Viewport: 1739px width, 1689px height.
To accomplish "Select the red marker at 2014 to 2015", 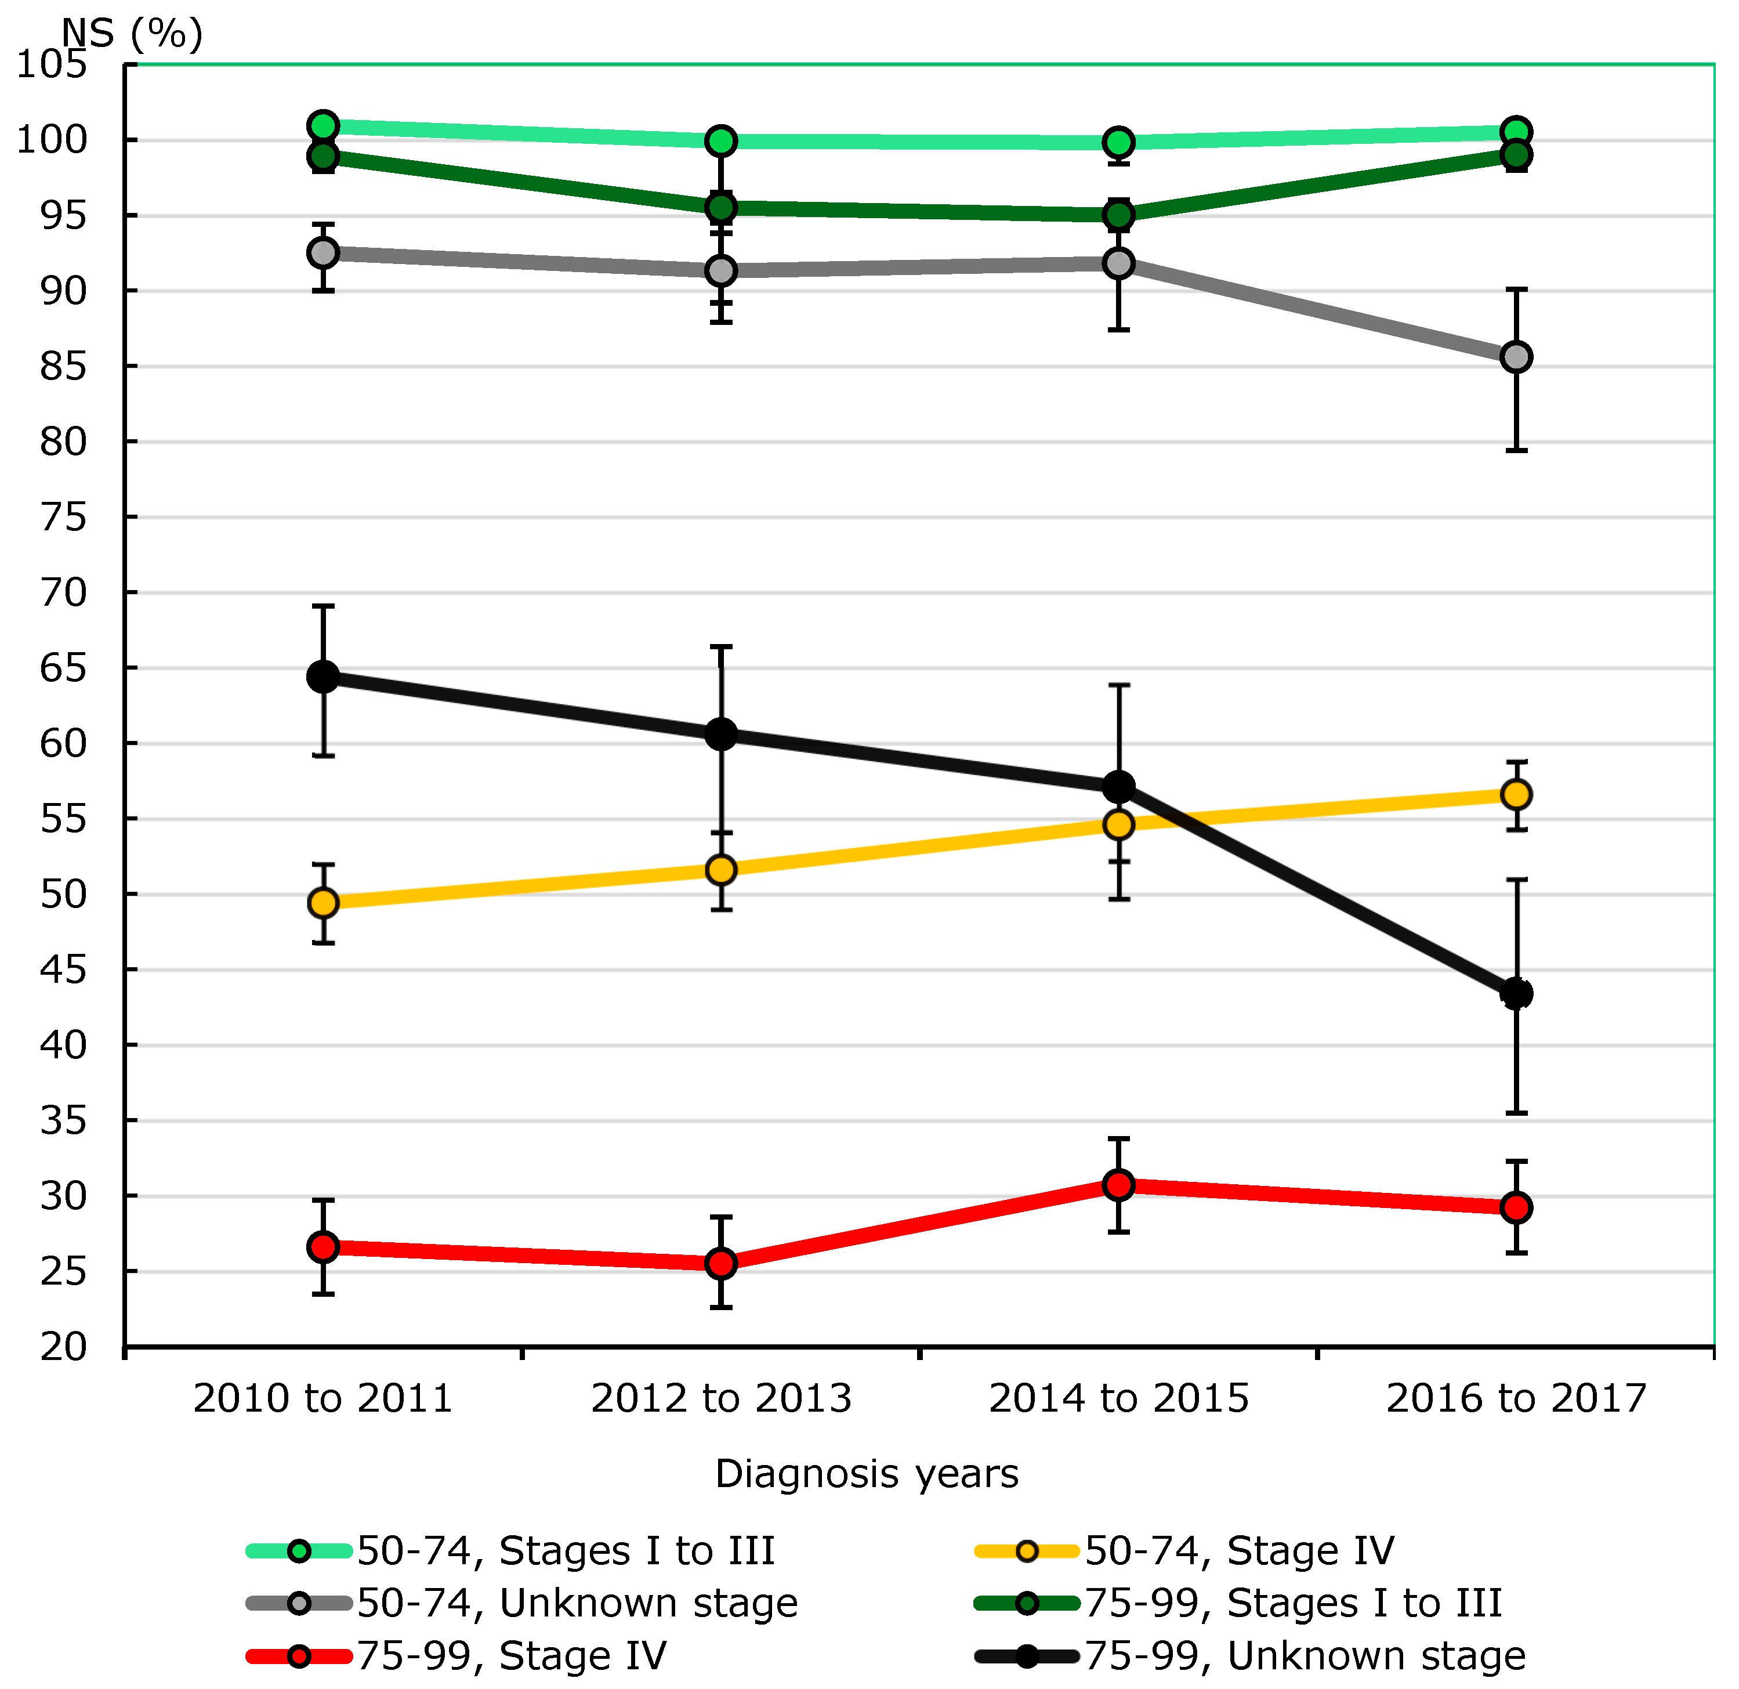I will [x=1119, y=1185].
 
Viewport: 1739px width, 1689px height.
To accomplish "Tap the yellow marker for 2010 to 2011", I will [x=323, y=903].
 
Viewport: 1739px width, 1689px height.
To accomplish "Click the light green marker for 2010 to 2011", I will [x=323, y=126].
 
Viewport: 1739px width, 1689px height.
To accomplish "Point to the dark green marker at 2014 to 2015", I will [x=1119, y=215].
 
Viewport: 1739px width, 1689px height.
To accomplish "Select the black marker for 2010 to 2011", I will [x=323, y=677].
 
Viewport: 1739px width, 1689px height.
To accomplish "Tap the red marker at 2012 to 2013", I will [x=722, y=1263].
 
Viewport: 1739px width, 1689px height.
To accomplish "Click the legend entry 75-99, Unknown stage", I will [x=1304, y=1655].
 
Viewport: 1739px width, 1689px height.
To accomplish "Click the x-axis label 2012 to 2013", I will [x=722, y=1399].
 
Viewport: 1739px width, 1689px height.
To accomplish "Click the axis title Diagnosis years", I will [x=867, y=1473].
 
